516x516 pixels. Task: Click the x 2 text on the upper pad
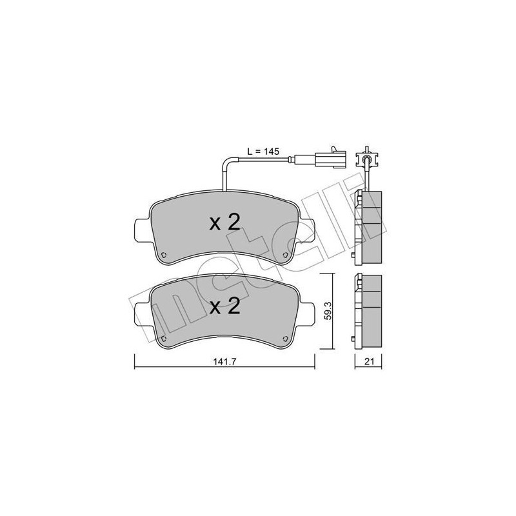[x=225, y=223]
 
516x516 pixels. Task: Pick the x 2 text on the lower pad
[x=225, y=306]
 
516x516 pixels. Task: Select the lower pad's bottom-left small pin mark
[x=164, y=338]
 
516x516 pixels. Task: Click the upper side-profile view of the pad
[x=369, y=226]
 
